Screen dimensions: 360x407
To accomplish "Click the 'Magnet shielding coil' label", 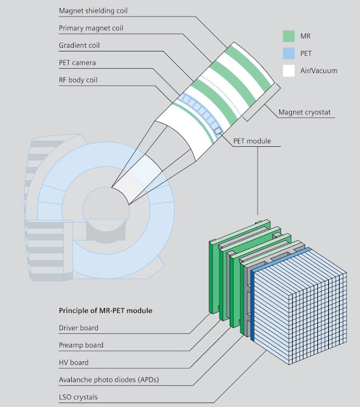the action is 93,11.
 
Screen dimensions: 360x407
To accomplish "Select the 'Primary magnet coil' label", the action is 91,28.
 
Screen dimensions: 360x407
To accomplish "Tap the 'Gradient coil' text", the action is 79,45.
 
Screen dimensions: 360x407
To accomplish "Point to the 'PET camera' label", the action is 78,62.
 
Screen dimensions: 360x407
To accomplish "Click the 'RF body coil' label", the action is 78,80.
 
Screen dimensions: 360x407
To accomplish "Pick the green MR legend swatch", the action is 289,36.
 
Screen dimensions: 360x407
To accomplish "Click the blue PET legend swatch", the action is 289,53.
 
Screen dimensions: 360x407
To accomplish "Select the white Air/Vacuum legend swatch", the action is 289,71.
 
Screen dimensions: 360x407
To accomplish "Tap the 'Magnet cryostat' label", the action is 305,113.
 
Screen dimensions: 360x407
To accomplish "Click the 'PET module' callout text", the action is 252,141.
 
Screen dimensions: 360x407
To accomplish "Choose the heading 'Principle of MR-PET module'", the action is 106,310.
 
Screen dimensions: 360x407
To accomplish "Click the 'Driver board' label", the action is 79,328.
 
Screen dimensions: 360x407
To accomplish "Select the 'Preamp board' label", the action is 81,345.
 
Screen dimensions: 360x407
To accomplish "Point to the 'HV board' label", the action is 74,362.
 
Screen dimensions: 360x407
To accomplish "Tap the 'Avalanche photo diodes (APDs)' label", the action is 109,380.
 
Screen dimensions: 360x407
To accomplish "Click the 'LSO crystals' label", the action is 78,397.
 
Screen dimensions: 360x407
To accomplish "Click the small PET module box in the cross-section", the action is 218,131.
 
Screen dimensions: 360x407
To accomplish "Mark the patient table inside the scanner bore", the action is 106,229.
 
